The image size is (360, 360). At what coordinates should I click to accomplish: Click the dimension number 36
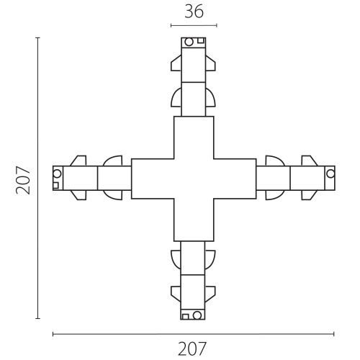(x=194, y=12)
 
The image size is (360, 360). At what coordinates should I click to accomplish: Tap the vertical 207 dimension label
(x=23, y=180)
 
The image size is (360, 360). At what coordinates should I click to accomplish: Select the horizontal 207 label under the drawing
(x=192, y=348)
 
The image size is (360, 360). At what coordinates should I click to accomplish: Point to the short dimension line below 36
(x=194, y=25)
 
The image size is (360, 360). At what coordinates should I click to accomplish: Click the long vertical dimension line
(x=37, y=178)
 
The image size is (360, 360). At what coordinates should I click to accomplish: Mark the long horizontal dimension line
(x=194, y=334)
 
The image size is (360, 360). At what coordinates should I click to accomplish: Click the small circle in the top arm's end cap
(x=189, y=42)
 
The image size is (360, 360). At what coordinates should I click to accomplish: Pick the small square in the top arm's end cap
(x=201, y=40)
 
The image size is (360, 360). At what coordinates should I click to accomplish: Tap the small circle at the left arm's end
(x=57, y=174)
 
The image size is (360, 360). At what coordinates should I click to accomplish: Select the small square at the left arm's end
(x=55, y=186)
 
